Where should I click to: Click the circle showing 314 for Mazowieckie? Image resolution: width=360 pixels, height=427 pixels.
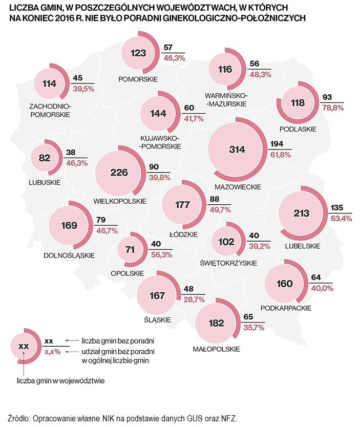[238, 150]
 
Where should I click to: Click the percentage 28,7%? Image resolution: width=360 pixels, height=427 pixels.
[195, 298]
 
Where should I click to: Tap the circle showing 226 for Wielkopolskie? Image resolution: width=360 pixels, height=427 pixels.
[119, 173]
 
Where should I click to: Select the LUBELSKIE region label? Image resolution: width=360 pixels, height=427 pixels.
[302, 246]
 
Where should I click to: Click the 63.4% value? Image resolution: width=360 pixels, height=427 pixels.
[341, 218]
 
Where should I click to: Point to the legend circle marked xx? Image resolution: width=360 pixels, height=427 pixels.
[24, 346]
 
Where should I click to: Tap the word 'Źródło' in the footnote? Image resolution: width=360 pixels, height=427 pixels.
[19, 417]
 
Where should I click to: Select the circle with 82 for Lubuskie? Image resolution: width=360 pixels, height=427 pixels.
[45, 158]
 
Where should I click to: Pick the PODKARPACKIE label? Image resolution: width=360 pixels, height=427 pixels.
[286, 308]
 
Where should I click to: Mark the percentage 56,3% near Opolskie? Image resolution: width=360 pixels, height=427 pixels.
[162, 254]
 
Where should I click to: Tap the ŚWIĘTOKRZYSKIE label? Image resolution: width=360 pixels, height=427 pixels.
[228, 263]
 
